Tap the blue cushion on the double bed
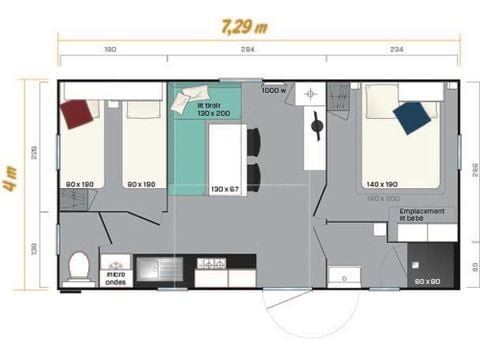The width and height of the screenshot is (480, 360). coord(412,117)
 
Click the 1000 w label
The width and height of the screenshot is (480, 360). coord(273,91)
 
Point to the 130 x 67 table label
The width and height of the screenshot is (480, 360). coord(225,187)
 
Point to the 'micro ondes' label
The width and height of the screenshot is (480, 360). coord(117,274)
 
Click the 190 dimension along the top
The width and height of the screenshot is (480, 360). coord(110,49)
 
